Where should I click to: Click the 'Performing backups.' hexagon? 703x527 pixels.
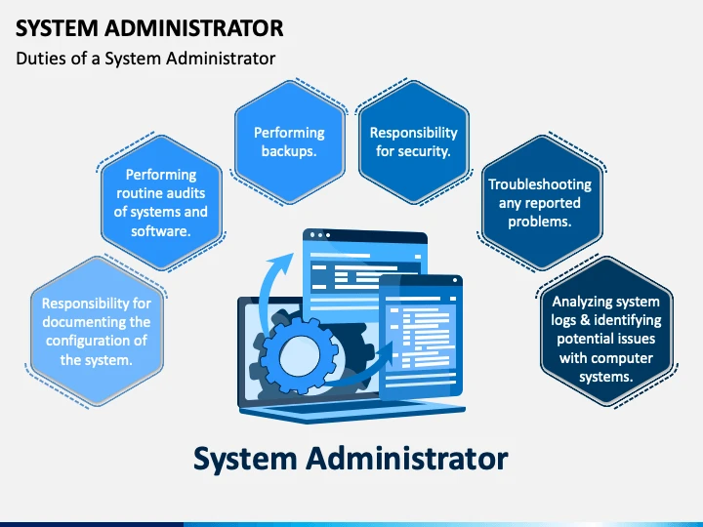pyautogui.click(x=290, y=142)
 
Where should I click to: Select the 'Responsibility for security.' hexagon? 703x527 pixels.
pyautogui.click(x=413, y=142)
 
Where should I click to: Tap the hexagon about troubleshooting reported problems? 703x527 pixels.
pyautogui.click(x=542, y=203)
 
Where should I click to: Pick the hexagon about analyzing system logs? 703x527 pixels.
pyautogui.click(x=606, y=332)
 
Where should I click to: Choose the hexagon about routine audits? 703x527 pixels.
pyautogui.click(x=161, y=203)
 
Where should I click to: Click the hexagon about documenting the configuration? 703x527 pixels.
pyautogui.click(x=97, y=332)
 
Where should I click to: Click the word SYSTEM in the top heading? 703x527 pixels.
pyautogui.click(x=57, y=28)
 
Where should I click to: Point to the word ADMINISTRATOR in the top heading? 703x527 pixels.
pyautogui.click(x=194, y=28)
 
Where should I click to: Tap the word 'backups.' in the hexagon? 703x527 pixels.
pyautogui.click(x=289, y=151)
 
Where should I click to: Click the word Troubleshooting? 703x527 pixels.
pyautogui.click(x=540, y=184)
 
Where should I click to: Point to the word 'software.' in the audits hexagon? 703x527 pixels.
pyautogui.click(x=161, y=231)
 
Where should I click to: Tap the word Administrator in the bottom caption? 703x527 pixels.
pyautogui.click(x=407, y=459)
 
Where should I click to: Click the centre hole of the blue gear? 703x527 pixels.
pyautogui.click(x=300, y=357)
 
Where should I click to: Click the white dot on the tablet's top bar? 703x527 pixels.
pyautogui.click(x=455, y=280)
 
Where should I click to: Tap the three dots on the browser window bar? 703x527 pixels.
pyautogui.click(x=320, y=235)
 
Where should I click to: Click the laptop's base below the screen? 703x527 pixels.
pyautogui.click(x=351, y=412)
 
